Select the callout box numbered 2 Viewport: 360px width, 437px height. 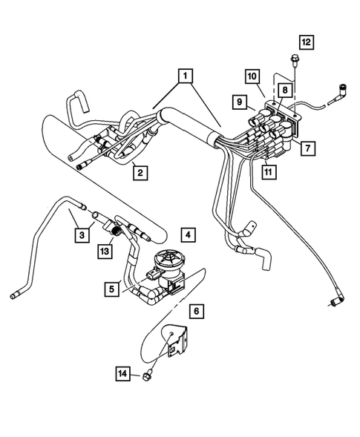pyautogui.click(x=140, y=174)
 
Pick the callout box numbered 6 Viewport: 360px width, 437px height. pyautogui.click(x=197, y=311)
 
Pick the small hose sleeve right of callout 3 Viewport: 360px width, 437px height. pyautogui.click(x=96, y=217)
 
